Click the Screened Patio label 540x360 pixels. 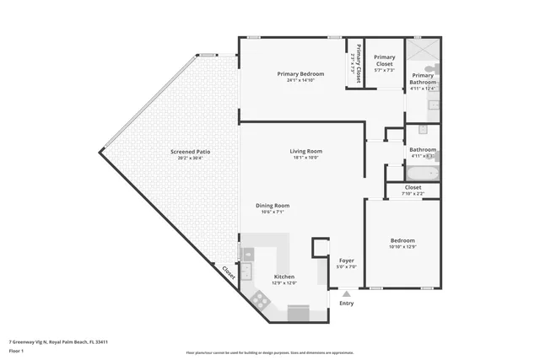coord(190,152)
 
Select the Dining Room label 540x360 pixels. coord(273,206)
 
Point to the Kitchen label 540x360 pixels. coord(284,277)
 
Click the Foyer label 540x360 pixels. coord(347,261)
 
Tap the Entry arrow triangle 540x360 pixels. coord(346,293)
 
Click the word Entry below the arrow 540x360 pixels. coord(346,304)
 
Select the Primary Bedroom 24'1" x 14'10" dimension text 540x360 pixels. coord(301,81)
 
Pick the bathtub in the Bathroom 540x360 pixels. coord(422,174)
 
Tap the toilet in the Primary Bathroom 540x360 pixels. coord(431,67)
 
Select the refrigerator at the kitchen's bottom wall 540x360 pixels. coord(299,314)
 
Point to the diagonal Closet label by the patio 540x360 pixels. coord(229,272)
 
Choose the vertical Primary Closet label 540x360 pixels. coord(358,59)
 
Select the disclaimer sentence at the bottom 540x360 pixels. coord(270,353)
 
